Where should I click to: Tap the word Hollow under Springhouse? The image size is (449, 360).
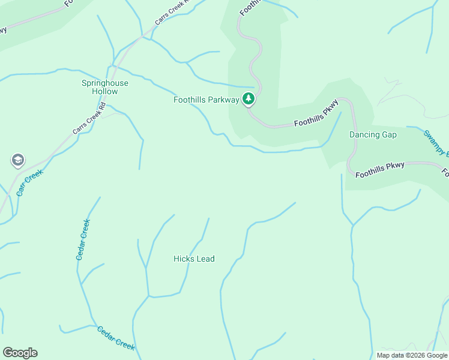point(105,92)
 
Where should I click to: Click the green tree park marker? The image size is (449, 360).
point(249,99)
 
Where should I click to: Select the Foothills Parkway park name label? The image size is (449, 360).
point(206,100)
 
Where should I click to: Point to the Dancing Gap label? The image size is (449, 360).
point(373,134)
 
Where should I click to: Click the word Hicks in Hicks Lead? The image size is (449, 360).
point(183,259)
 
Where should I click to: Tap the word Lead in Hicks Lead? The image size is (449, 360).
point(205,259)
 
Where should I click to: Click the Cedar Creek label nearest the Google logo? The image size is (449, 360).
point(116,338)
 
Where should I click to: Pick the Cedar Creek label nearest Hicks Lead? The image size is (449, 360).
point(83,239)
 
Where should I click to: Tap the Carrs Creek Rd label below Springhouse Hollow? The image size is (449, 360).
point(89,121)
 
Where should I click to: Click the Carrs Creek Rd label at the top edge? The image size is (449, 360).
point(171,12)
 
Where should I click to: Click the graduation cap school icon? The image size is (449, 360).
point(17,160)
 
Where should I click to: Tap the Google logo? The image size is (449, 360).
point(20,353)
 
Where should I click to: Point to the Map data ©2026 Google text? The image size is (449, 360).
point(411,355)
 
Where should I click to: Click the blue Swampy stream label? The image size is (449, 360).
point(435,143)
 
